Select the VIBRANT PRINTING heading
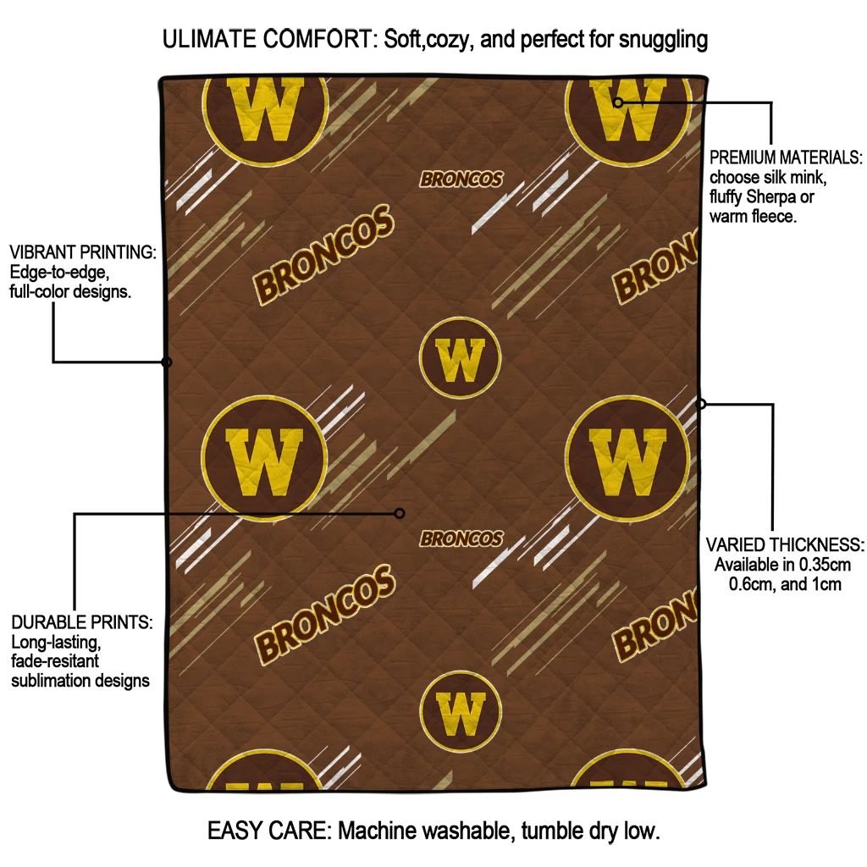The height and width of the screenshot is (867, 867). tap(82, 252)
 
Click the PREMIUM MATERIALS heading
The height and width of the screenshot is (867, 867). tap(786, 157)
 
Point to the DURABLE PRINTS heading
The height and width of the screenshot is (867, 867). tap(81, 622)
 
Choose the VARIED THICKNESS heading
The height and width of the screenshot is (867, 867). tap(785, 544)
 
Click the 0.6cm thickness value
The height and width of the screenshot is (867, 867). tap(755, 584)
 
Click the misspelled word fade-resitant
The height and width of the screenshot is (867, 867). tap(55, 661)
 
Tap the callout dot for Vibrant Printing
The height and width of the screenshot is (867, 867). tap(167, 362)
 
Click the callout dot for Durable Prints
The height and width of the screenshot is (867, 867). tap(400, 513)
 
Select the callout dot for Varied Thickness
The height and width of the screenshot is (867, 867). tap(701, 404)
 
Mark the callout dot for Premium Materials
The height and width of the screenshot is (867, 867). tap(618, 102)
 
